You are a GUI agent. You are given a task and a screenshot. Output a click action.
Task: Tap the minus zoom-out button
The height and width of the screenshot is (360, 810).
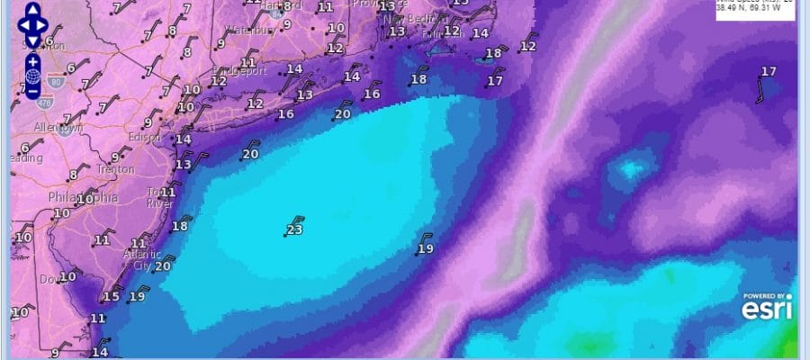click(x=32, y=91)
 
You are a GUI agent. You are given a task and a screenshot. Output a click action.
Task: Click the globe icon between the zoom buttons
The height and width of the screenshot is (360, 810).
click(x=32, y=76)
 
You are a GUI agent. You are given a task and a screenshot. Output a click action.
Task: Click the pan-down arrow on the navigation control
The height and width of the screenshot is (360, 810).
click(x=32, y=41)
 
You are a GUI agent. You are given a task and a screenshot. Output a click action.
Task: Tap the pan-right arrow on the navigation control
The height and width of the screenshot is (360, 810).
click(x=48, y=26)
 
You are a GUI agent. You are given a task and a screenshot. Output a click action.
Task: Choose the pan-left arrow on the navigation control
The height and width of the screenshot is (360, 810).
click(x=17, y=26)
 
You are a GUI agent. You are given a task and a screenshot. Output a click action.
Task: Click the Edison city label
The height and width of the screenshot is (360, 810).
click(x=144, y=138)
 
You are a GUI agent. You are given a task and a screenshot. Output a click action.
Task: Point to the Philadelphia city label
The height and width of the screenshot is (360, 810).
click(x=83, y=198)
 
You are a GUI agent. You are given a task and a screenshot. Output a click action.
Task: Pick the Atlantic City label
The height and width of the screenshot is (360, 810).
click(x=139, y=260)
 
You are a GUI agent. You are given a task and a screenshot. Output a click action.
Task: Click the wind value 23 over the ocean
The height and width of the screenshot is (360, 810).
click(x=293, y=230)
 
